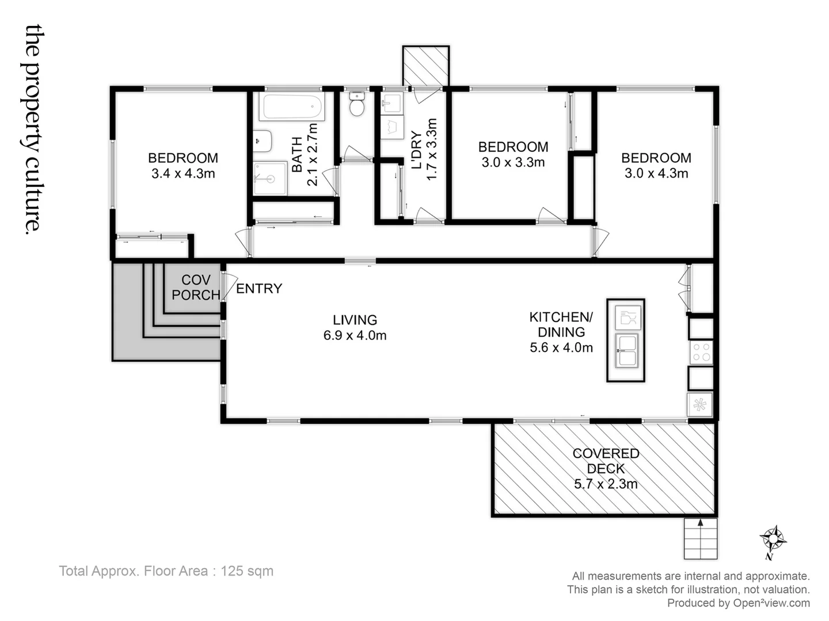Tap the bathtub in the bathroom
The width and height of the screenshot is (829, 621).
pyautogui.click(x=291, y=107)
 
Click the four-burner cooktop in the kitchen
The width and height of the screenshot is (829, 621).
pyautogui.click(x=701, y=351)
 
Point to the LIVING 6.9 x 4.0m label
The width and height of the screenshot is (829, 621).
pyautogui.click(x=355, y=327)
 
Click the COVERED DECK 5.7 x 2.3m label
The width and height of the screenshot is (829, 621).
pyautogui.click(x=606, y=469)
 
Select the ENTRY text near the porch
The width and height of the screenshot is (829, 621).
pyautogui.click(x=259, y=289)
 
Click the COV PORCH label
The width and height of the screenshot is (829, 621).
pyautogui.click(x=196, y=287)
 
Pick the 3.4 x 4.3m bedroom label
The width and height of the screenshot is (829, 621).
pyautogui.click(x=183, y=165)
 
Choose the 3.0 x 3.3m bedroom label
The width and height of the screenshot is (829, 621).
pyautogui.click(x=513, y=154)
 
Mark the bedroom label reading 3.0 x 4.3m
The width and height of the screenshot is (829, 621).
pyautogui.click(x=656, y=165)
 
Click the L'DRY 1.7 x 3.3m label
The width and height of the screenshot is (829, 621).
pyautogui.click(x=424, y=149)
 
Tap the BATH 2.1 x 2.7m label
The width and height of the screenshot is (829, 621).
pyautogui.click(x=305, y=154)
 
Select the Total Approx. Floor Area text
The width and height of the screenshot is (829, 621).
pyautogui.click(x=166, y=571)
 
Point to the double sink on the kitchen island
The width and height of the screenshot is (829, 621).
pyautogui.click(x=626, y=350)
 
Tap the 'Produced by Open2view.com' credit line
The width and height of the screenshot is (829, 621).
pyautogui.click(x=738, y=603)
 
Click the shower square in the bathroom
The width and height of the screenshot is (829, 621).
pyautogui.click(x=270, y=178)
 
